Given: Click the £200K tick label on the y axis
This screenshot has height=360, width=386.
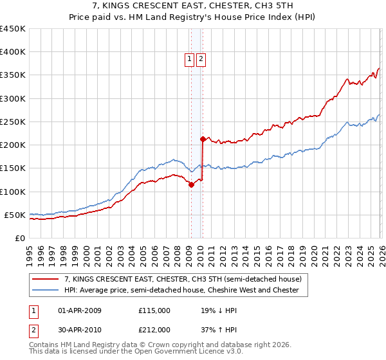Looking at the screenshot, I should tap(12, 145).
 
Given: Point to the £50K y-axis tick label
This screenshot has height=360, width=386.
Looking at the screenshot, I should tap(15, 215).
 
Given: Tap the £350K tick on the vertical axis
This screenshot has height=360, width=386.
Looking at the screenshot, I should tap(12, 75).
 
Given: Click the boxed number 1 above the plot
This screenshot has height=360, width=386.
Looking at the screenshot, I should tap(190, 60).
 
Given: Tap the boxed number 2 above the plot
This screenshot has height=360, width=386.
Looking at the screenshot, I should tap(201, 60).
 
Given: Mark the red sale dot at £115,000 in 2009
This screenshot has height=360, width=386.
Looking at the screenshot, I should tap(190, 185).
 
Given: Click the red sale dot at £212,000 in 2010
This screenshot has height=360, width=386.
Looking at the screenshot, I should tap(203, 139).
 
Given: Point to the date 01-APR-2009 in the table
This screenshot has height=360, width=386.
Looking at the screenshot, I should tap(80, 310).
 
